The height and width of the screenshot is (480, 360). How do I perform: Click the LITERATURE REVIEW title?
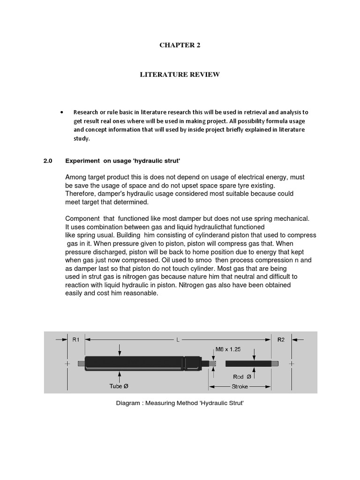(180, 75)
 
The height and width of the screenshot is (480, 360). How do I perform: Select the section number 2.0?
(47, 161)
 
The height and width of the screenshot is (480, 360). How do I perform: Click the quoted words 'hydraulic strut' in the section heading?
(157, 161)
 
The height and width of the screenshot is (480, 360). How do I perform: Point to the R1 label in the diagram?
(76, 340)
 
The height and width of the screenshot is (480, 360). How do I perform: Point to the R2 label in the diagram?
(281, 340)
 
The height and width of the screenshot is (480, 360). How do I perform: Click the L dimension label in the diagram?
(178, 340)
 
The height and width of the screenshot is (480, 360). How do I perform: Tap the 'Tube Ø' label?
(119, 386)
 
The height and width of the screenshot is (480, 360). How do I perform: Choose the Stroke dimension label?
(240, 387)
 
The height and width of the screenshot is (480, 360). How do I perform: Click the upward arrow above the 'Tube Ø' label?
(120, 376)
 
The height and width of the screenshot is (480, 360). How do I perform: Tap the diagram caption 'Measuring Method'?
(180, 403)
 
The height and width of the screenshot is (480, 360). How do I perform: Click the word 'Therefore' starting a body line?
(80, 194)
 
